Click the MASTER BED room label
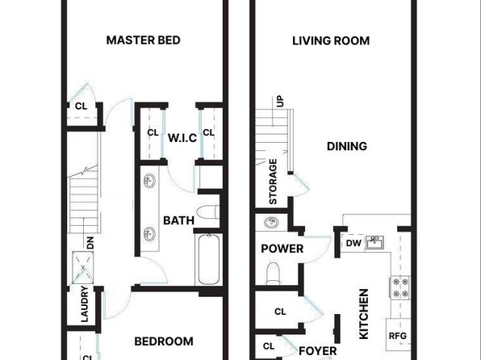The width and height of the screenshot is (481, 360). pos(144,40)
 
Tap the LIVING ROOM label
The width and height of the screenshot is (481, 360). pos(331,41)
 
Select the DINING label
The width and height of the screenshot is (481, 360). pos(347,146)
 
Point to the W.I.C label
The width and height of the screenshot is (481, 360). pos(182,138)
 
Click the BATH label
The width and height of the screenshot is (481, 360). pos(178,220)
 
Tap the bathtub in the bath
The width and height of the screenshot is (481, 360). pos(208,259)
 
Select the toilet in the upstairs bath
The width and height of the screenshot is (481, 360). pos(208,212)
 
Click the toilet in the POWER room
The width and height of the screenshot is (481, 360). pos(273,273)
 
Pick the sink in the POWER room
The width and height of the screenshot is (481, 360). pos(271,222)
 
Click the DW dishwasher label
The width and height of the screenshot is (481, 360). pos(353,244)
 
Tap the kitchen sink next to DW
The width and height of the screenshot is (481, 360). pos(374,242)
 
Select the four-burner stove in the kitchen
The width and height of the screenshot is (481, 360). pos(400,287)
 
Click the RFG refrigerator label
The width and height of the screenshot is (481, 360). pos(398,336)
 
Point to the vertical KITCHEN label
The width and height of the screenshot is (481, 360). pos(364,314)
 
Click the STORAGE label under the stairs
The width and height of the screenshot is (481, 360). pos(273,182)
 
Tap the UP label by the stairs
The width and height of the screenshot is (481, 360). pos(280,101)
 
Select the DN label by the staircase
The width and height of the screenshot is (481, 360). pos(90,243)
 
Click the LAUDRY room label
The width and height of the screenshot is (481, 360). pos(85,303)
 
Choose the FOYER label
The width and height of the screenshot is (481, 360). pos(317,351)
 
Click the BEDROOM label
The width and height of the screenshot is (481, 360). pos(164,341)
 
